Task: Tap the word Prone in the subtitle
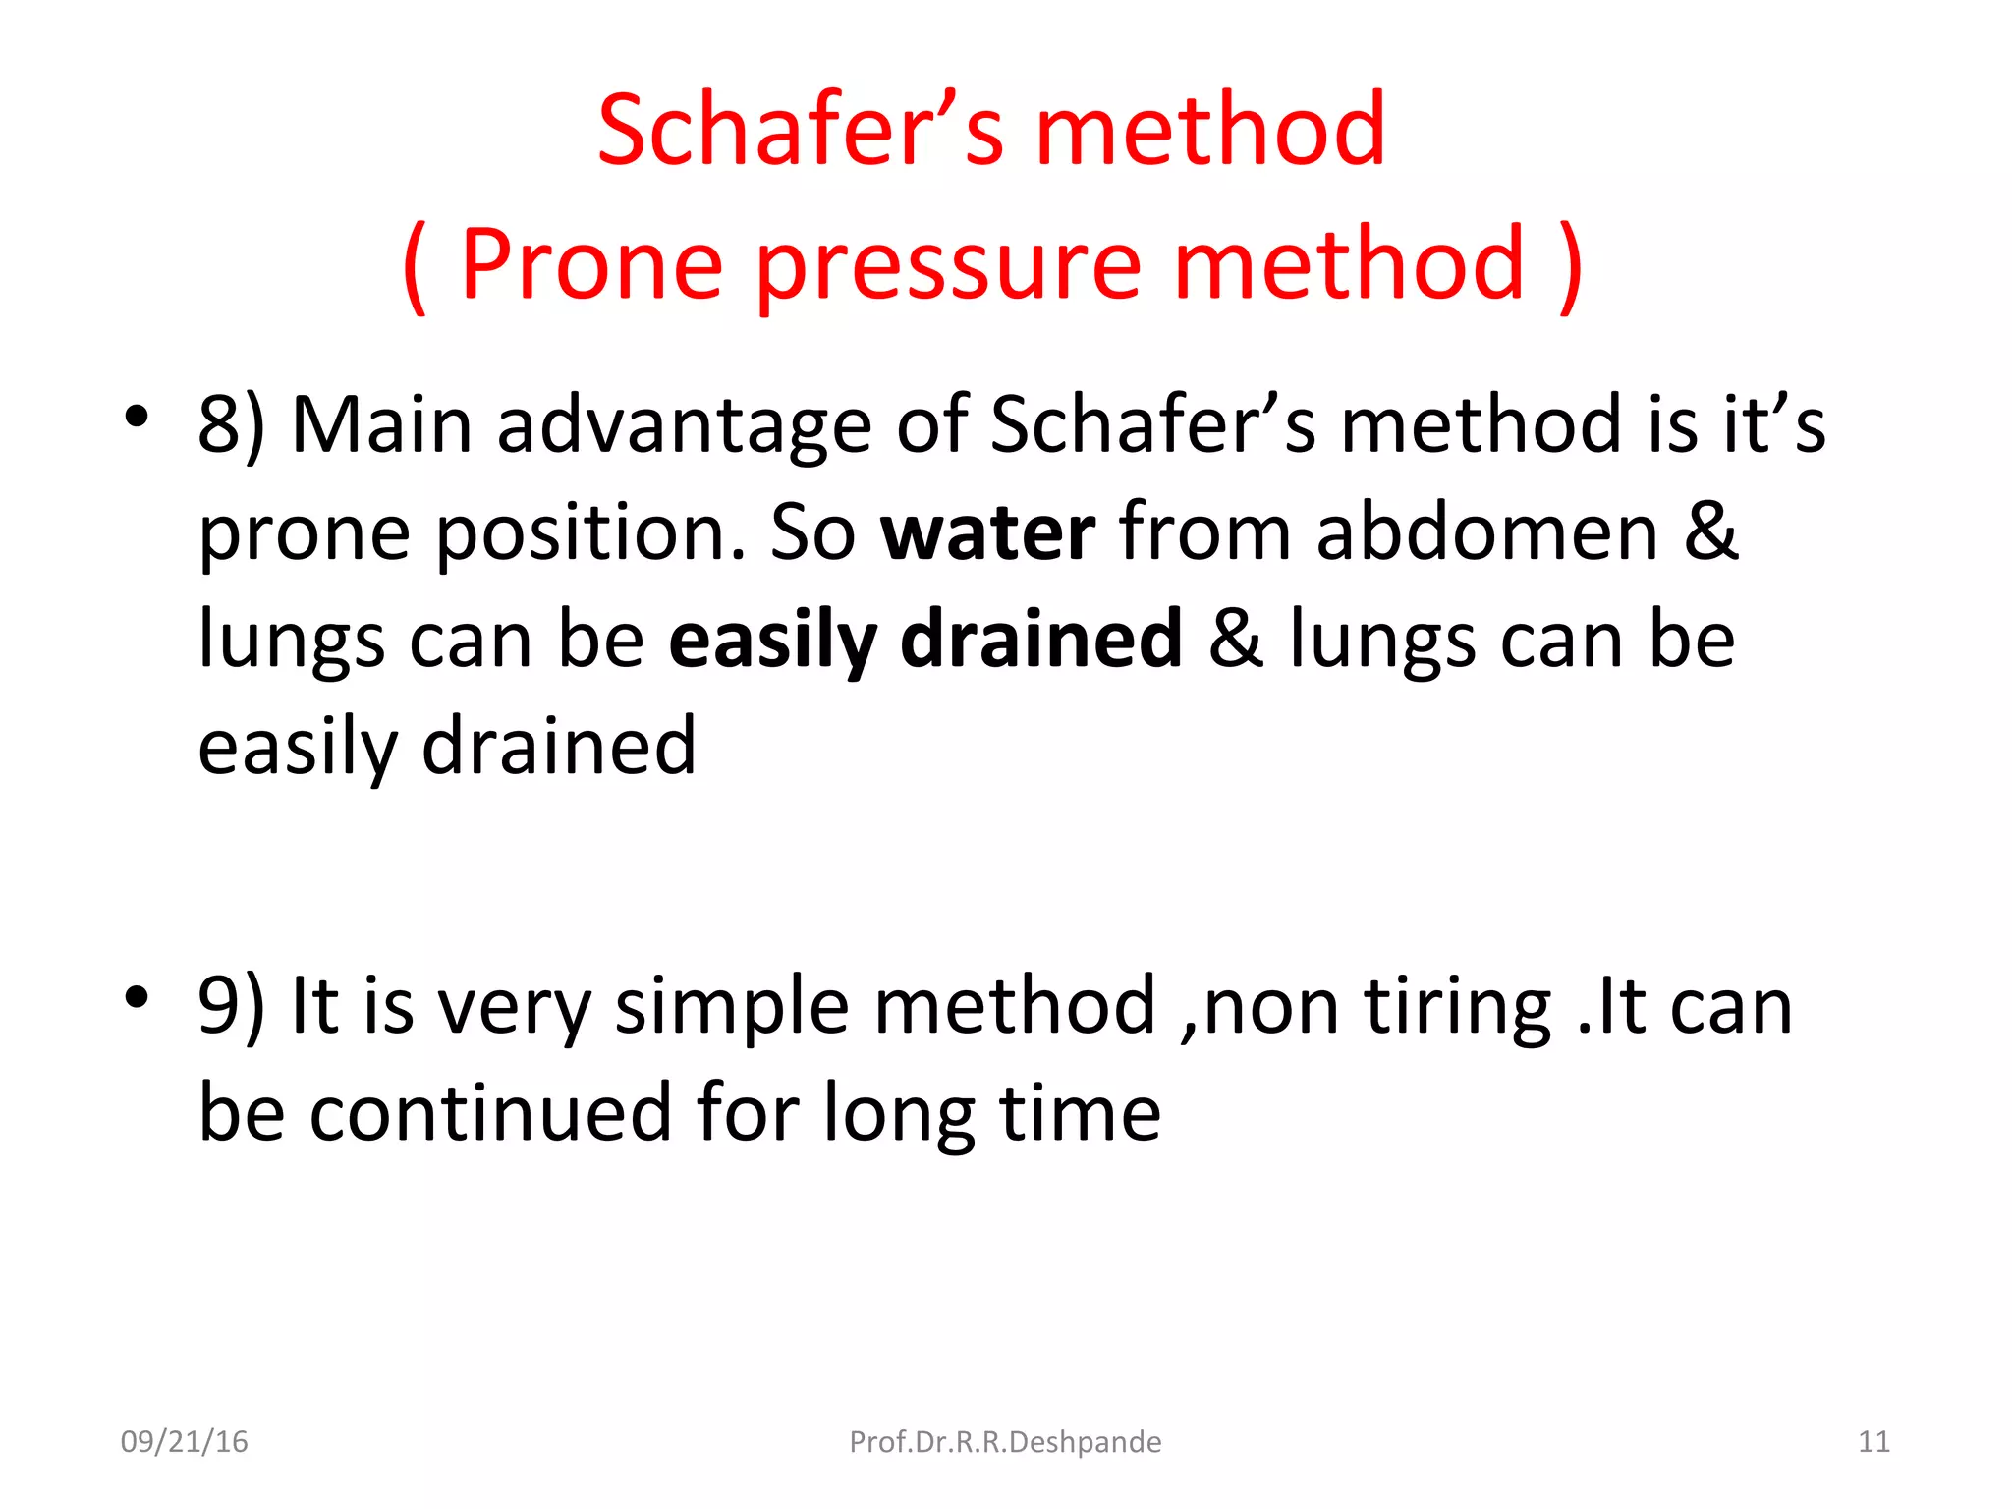pos(591,264)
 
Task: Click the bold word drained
pos(1040,640)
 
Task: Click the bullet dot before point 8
pos(137,417)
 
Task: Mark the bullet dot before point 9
pos(137,996)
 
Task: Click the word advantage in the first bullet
pos(684,426)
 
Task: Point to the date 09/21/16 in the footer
pos(184,1442)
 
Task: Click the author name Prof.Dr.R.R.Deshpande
pos(1005,1442)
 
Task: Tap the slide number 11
pos(1873,1442)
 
